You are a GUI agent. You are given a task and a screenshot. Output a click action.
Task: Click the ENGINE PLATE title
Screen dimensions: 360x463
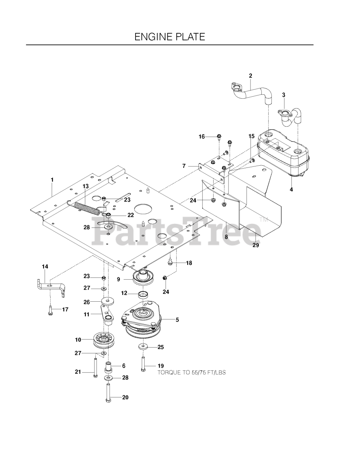click(x=170, y=37)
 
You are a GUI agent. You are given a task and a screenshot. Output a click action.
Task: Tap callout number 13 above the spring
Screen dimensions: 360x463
click(x=85, y=186)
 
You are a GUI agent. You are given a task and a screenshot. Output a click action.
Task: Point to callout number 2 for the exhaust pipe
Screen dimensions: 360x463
click(x=250, y=76)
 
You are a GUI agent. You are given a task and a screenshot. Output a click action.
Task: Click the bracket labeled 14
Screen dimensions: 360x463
click(x=51, y=286)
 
